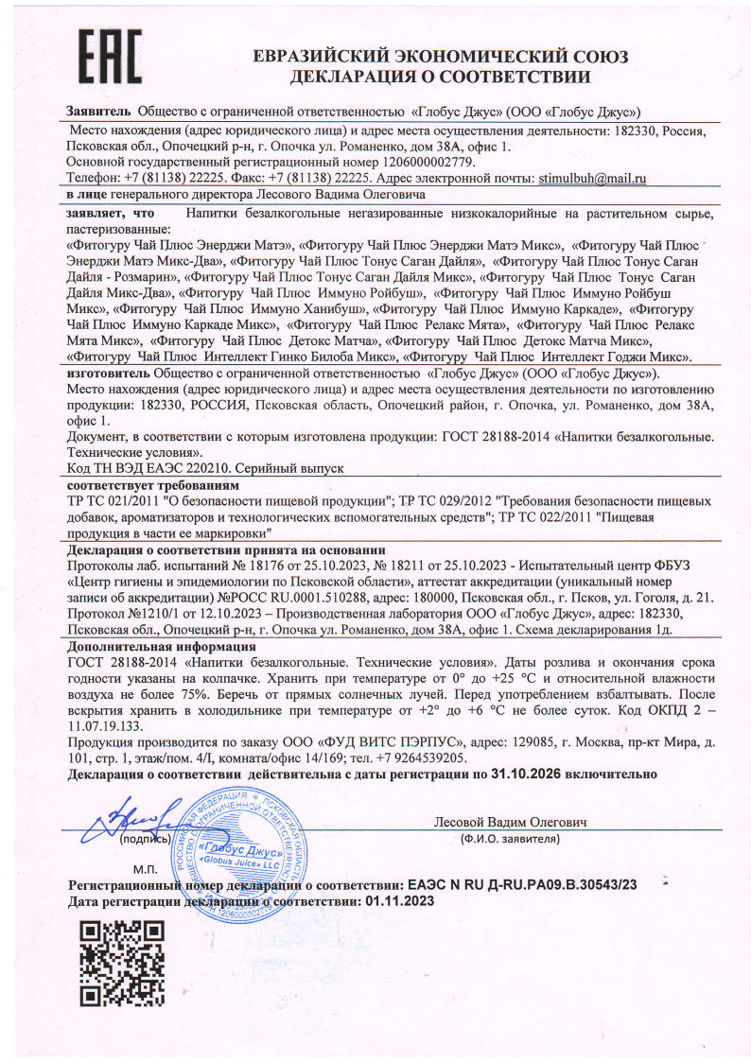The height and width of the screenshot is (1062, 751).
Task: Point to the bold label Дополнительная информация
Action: tap(162, 646)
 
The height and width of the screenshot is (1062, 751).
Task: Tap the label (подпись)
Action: tap(145, 839)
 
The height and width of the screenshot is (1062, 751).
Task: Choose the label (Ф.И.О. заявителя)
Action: tap(510, 839)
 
